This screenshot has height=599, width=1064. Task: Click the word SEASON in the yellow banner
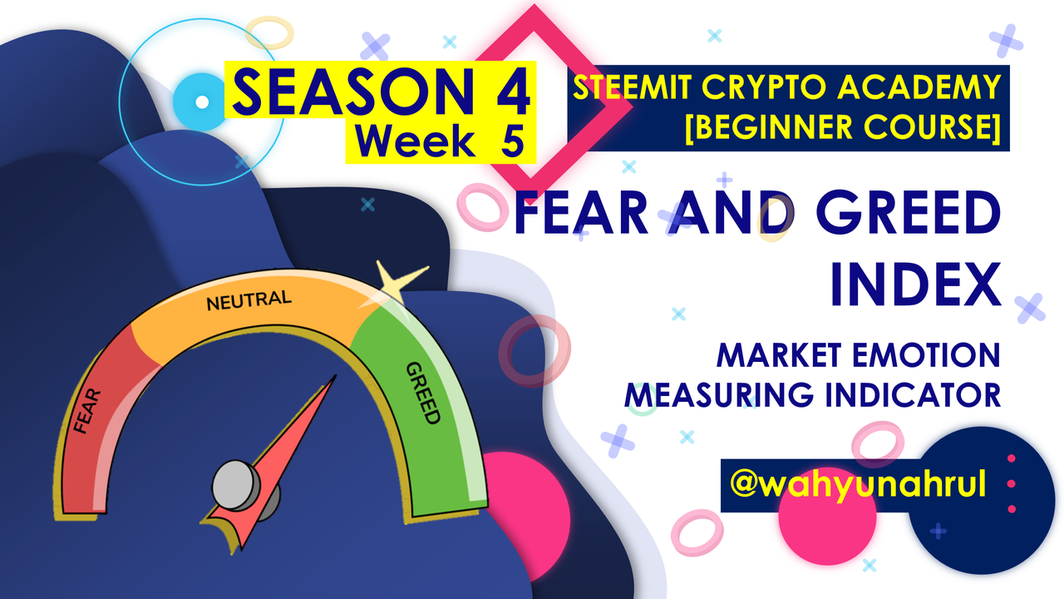(354, 92)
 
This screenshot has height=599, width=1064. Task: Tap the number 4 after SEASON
(514, 92)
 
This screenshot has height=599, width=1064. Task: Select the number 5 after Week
(513, 141)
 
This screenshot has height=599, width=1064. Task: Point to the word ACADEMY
(919, 87)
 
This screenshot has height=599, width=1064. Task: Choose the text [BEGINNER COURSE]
(844, 127)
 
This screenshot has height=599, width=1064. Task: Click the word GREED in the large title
(909, 212)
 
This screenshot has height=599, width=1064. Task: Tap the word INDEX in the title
(916, 285)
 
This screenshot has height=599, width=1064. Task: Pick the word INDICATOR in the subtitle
(913, 395)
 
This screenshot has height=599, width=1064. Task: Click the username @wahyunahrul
(858, 484)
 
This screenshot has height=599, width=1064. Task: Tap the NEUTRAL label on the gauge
(249, 300)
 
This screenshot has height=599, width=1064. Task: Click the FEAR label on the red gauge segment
(87, 411)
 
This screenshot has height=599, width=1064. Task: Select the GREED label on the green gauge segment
(423, 393)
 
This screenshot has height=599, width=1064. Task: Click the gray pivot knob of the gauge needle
(236, 485)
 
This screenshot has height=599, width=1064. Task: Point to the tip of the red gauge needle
(336, 375)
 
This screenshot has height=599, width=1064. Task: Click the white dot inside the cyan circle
(202, 101)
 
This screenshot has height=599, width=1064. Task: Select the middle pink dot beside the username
(1012, 483)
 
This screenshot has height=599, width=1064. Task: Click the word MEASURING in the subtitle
(719, 395)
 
